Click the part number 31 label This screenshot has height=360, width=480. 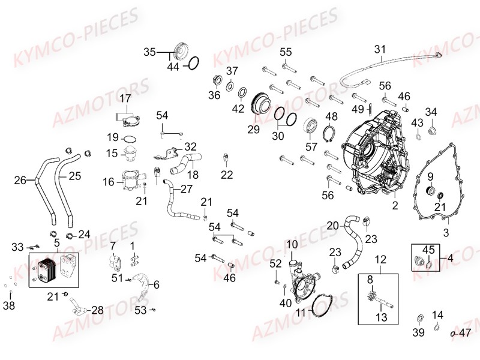[380, 49]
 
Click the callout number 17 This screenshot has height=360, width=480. [125, 98]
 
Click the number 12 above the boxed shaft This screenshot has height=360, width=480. [381, 260]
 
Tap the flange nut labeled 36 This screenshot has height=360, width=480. [217, 80]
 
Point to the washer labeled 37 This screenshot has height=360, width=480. [230, 86]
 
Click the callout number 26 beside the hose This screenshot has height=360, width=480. [20, 181]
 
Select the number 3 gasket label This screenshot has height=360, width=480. [446, 233]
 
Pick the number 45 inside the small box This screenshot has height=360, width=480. [428, 250]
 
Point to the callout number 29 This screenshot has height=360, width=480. [253, 130]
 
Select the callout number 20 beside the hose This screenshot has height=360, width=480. [333, 226]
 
